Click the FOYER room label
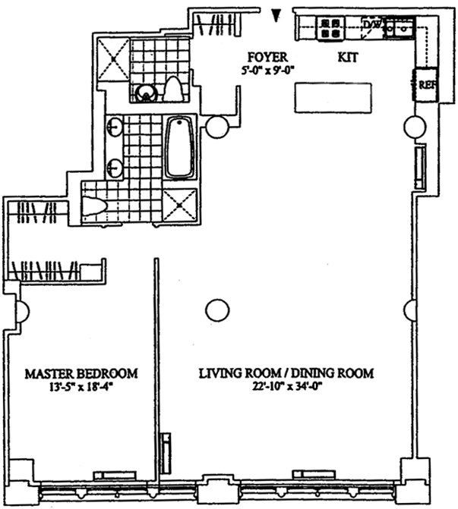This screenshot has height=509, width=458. coord(267,57)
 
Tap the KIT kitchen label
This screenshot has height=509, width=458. coord(347,58)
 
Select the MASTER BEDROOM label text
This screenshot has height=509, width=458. coord(81,374)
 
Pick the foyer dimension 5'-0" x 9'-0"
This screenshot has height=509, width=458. coord(267,70)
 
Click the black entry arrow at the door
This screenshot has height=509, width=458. coord(276,16)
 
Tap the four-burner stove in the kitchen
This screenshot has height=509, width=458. coord(331,28)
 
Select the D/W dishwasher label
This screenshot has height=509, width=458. coord(371,24)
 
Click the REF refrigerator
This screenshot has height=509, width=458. coord(426,85)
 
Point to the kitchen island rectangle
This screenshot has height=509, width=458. coord(333,98)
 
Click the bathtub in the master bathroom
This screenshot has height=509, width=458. coord(180,148)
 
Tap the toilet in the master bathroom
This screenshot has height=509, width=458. coord(94,206)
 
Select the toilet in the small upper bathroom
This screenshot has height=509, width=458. coord(172,90)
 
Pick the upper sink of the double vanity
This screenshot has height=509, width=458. coord(115,127)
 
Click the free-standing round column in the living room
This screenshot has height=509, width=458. coord(217,310)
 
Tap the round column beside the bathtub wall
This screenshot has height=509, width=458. coord(218,127)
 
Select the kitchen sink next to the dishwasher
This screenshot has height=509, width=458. coord(400,28)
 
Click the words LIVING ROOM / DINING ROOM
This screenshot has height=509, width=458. coord(286,373)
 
